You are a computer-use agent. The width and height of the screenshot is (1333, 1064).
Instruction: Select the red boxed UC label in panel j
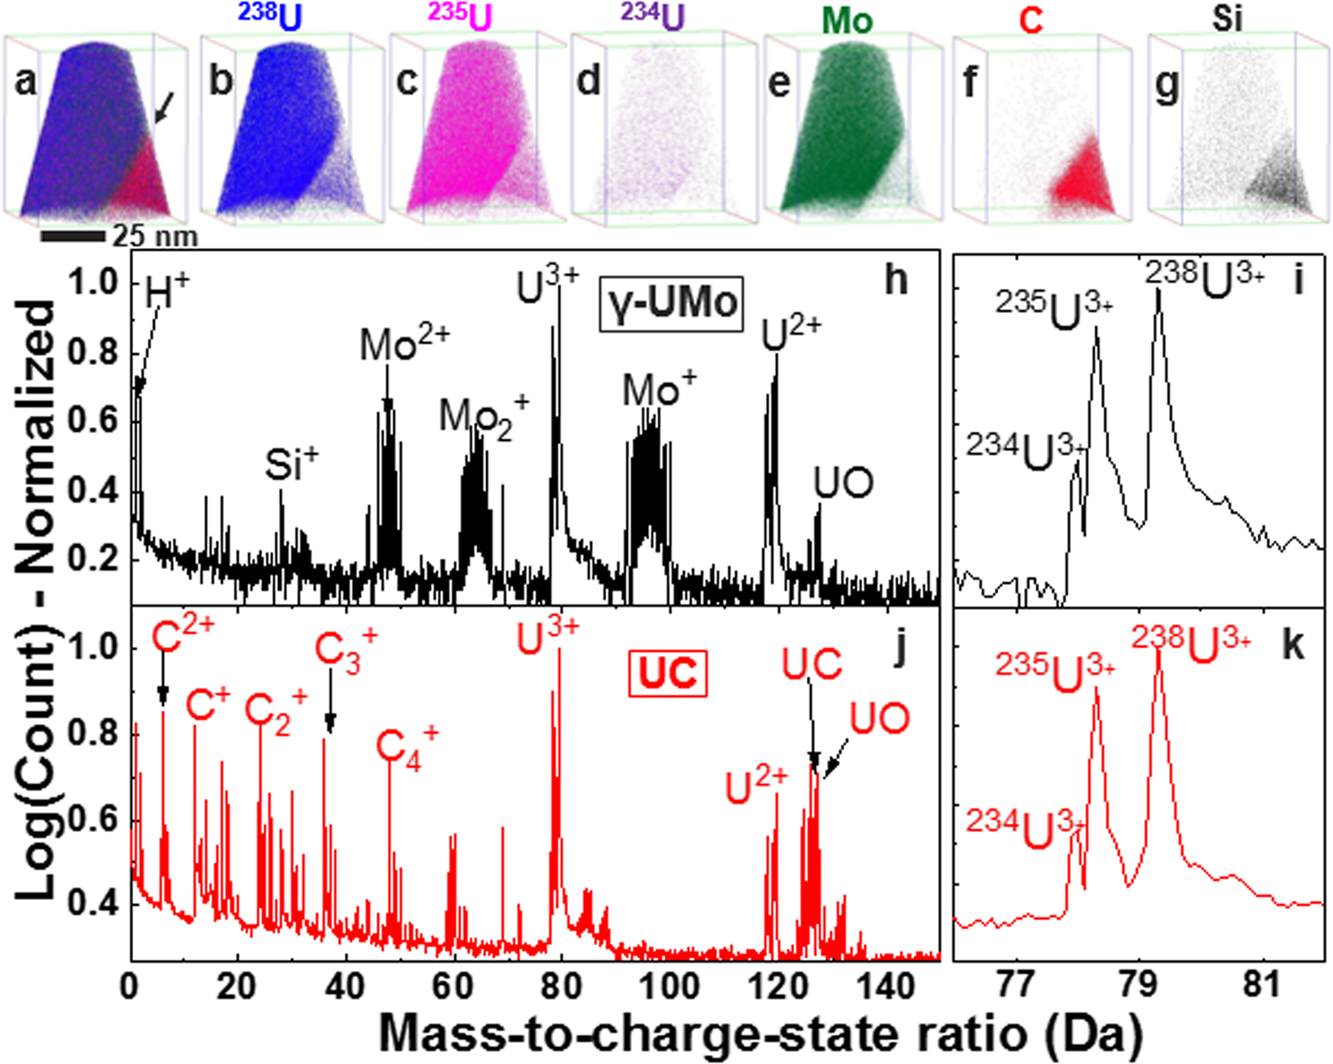click(668, 673)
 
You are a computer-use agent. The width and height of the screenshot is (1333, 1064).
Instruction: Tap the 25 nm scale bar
click(74, 236)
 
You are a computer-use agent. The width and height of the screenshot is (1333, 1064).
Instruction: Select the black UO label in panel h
click(843, 484)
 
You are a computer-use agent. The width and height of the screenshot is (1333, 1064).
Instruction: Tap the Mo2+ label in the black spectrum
click(404, 344)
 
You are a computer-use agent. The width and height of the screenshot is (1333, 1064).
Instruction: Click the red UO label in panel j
click(879, 719)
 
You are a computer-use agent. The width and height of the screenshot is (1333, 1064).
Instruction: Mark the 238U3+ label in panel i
click(1204, 278)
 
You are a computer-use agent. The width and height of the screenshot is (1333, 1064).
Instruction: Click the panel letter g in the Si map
click(1166, 87)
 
